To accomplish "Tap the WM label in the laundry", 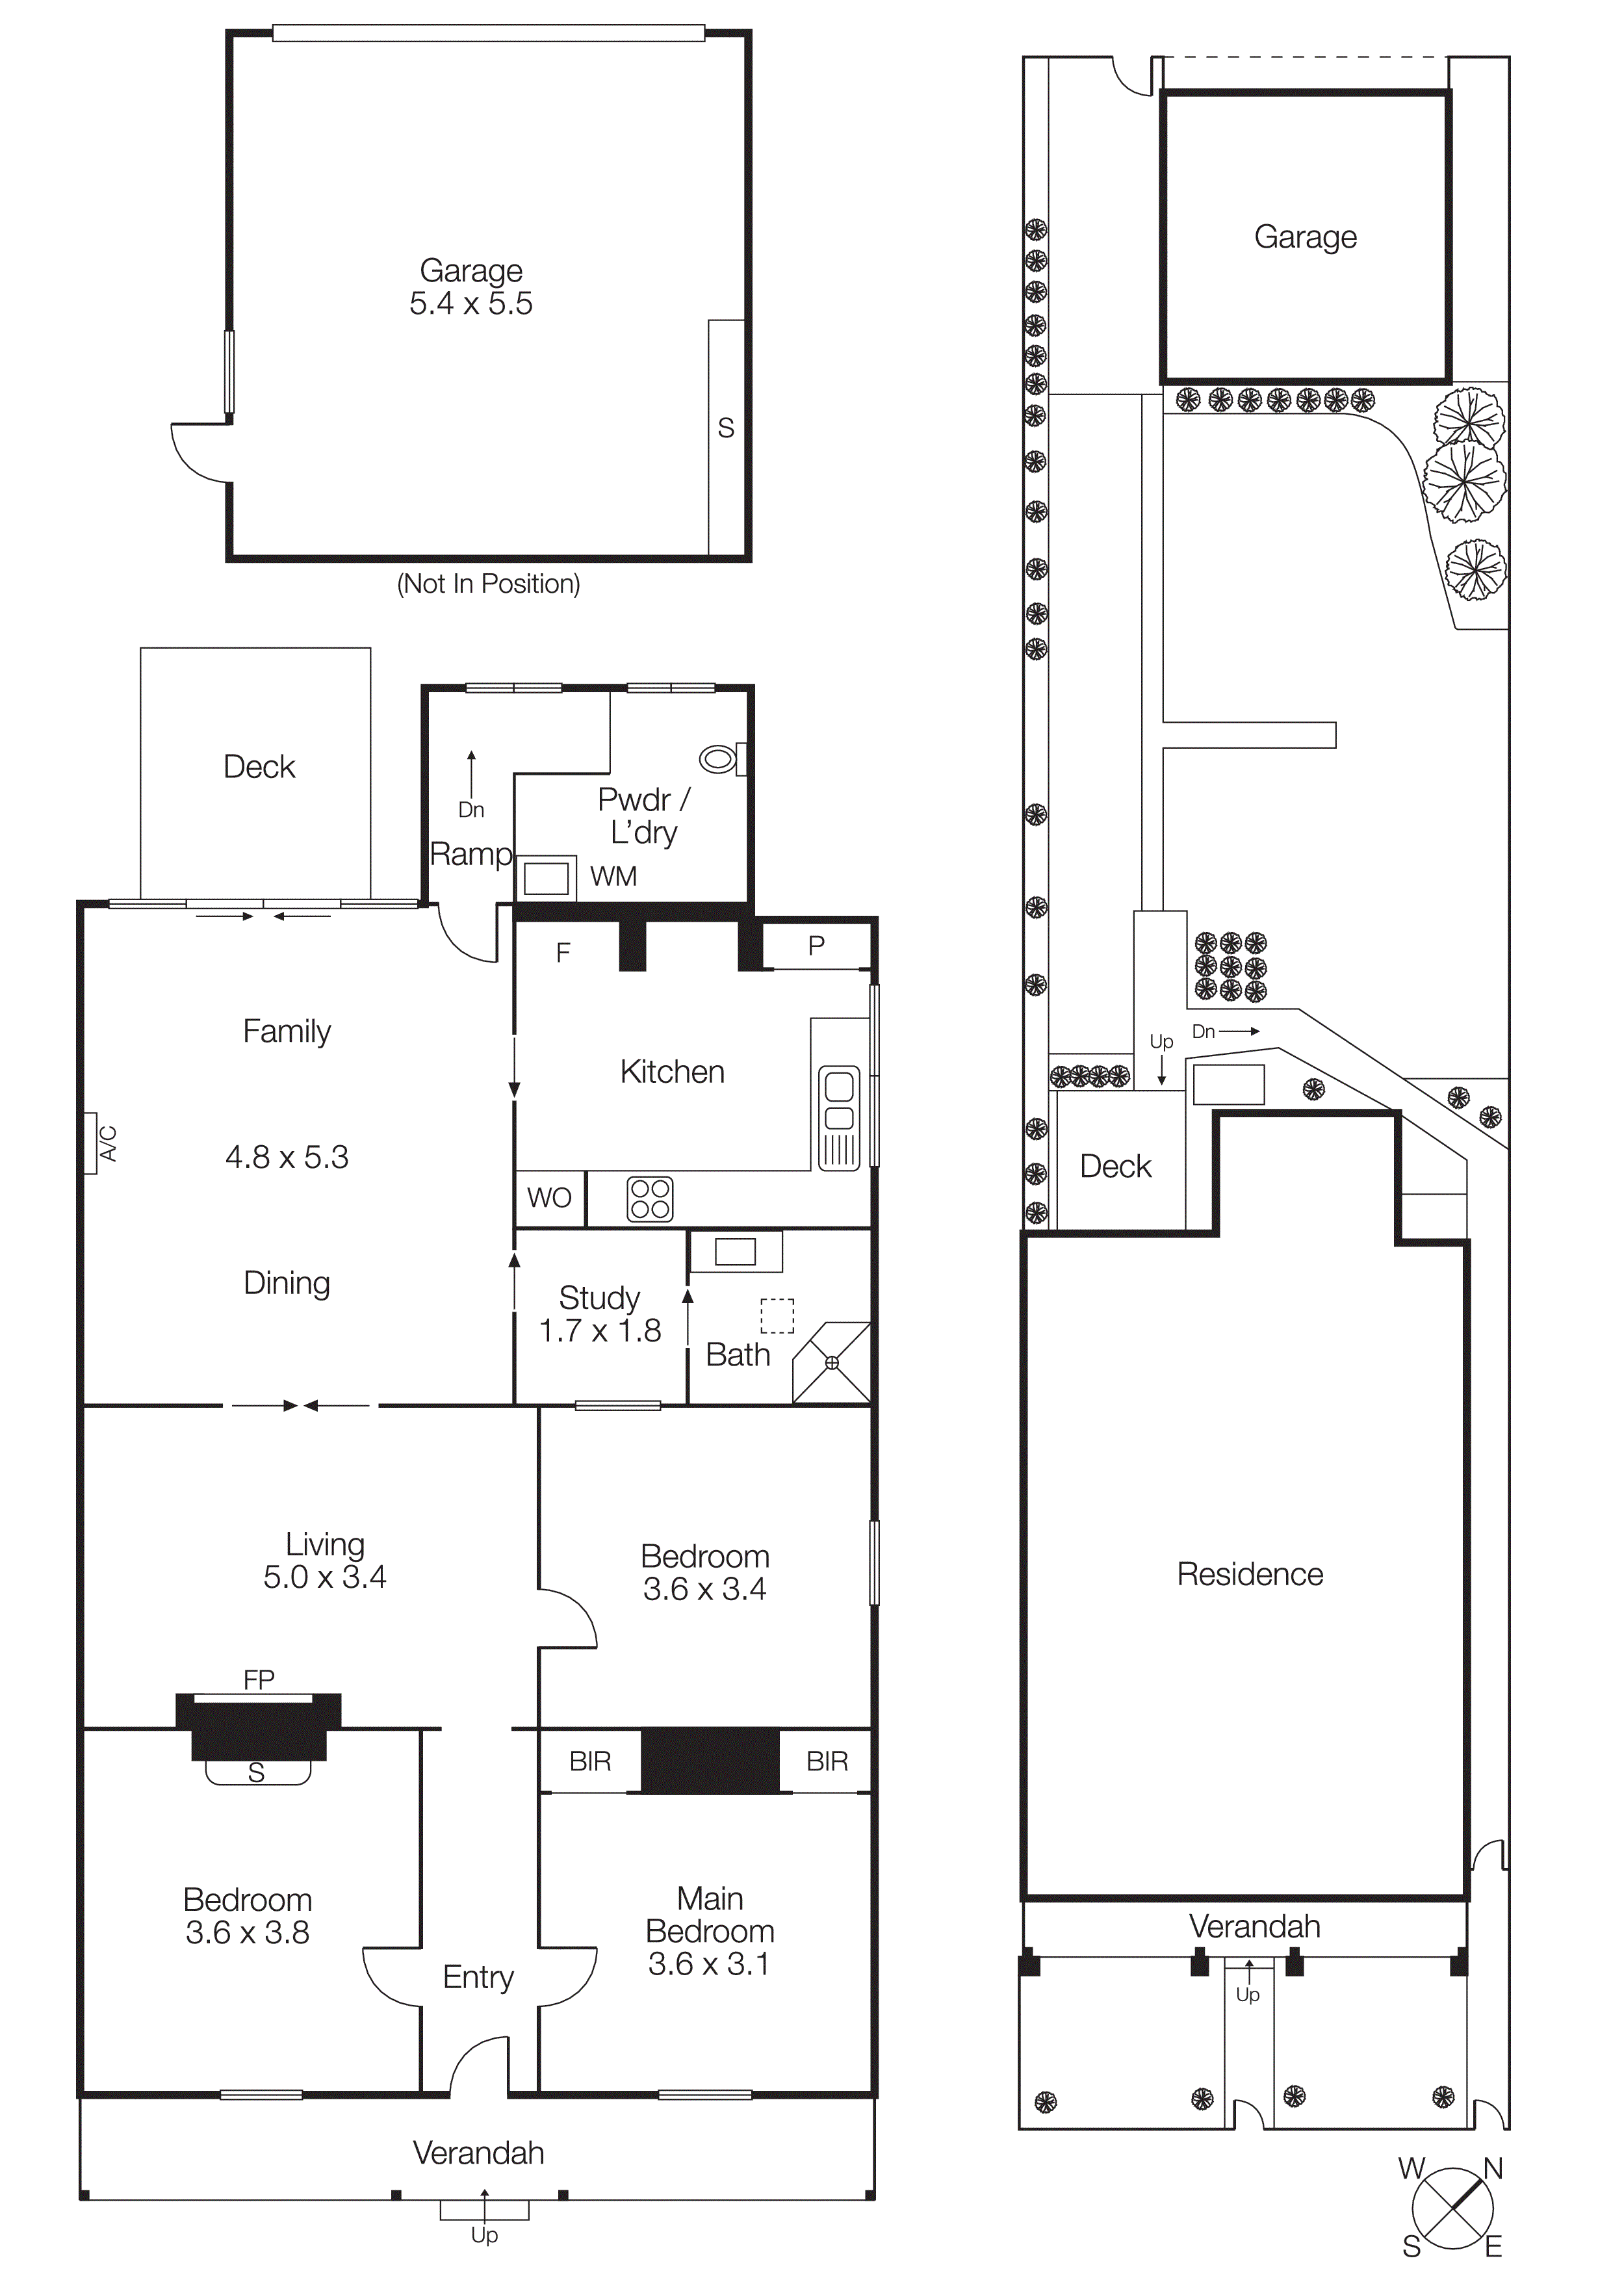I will point(613,877).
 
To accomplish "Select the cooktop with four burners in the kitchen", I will point(650,1198).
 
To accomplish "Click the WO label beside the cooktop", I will point(549,1198).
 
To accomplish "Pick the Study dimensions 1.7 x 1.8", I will point(600,1330).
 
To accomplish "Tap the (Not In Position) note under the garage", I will point(488,584).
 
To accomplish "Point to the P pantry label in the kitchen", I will point(816,946).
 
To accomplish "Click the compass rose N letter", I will point(1493,2169).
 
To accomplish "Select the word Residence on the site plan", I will point(1250,1574).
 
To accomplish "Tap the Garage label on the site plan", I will point(1306,237).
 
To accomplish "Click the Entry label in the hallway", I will point(478,1977).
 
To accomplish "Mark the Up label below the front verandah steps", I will point(484,2235).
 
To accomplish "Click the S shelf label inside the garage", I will point(726,428).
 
